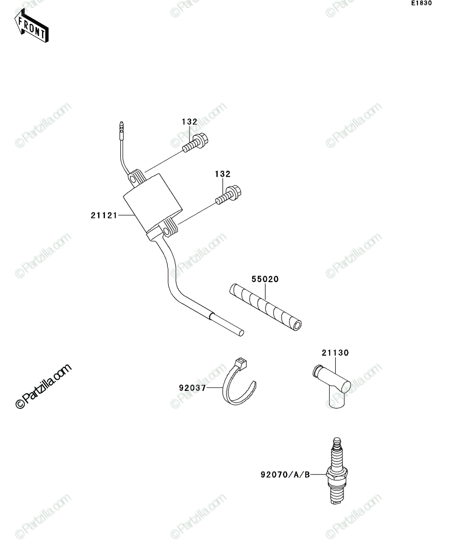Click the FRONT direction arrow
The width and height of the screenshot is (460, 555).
pyautogui.click(x=31, y=25)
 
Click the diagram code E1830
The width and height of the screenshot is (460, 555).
pyautogui.click(x=422, y=3)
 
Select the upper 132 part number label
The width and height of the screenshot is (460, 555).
pyautogui.click(x=190, y=122)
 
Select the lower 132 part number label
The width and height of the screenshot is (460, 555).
pyautogui.click(x=223, y=174)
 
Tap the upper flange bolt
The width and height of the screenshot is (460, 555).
pyautogui.click(x=195, y=143)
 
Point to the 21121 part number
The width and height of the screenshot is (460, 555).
pyautogui.click(x=104, y=216)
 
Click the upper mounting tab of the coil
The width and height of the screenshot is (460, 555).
pyautogui.click(x=136, y=176)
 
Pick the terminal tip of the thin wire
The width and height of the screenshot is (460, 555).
pyautogui.click(x=121, y=124)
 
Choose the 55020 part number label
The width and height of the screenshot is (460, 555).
pyautogui.click(x=265, y=279)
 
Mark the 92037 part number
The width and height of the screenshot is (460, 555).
pyautogui.click(x=192, y=388)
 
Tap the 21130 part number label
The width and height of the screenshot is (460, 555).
pyautogui.click(x=335, y=353)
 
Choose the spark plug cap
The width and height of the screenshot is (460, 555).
pyautogui.click(x=332, y=386)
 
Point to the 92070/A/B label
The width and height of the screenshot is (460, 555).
pyautogui.click(x=285, y=475)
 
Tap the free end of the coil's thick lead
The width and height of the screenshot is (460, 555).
pyautogui.click(x=241, y=333)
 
